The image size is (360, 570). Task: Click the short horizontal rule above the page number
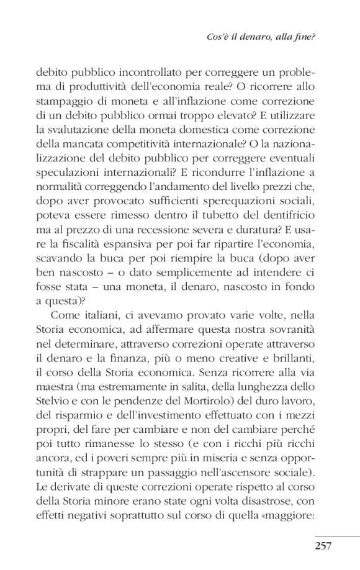pos(336,535)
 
